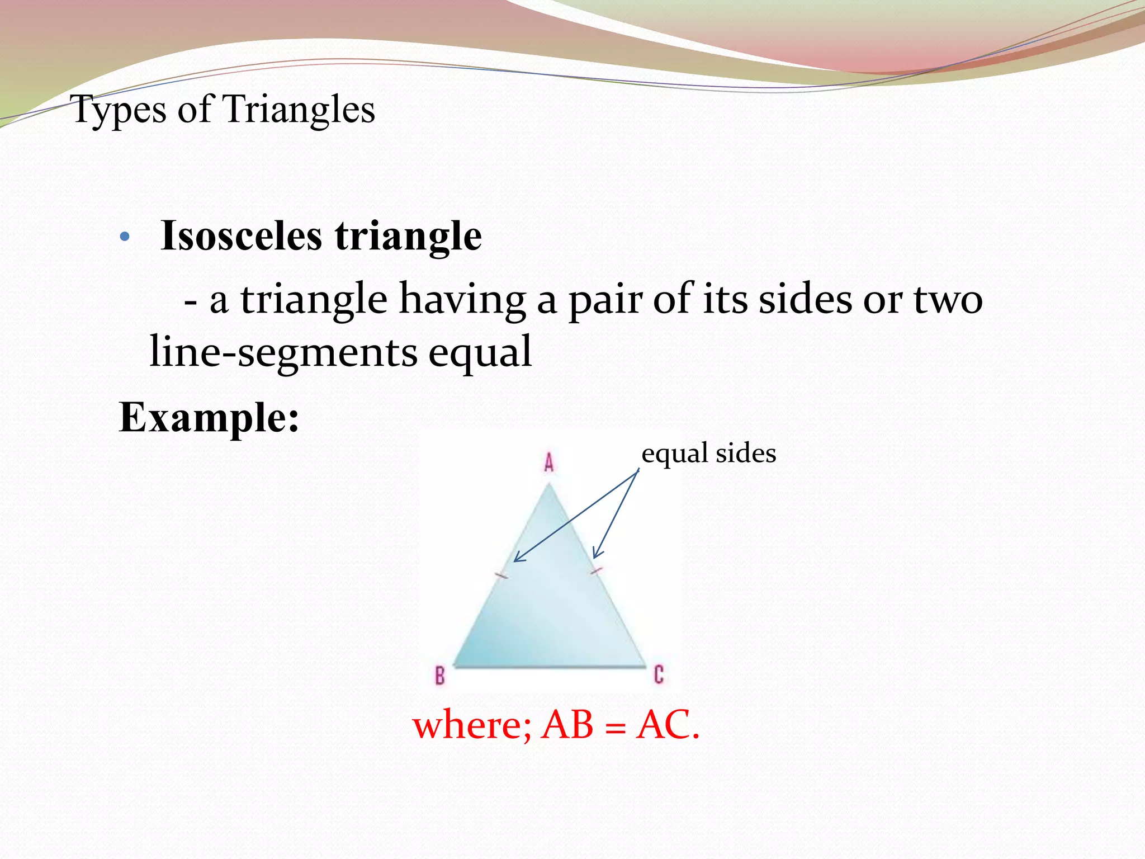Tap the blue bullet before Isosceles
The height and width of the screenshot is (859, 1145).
pyautogui.click(x=125, y=237)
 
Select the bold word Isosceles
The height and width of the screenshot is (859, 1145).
pyautogui.click(x=241, y=236)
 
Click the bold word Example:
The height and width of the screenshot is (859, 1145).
pyautogui.click(x=209, y=417)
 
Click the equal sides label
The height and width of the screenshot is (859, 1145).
pyautogui.click(x=708, y=453)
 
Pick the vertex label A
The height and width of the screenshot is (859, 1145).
pyautogui.click(x=549, y=462)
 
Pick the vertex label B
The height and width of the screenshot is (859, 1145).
pyautogui.click(x=440, y=676)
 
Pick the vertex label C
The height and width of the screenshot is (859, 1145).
pyautogui.click(x=659, y=674)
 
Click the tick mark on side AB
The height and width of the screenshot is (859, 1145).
pyautogui.click(x=501, y=575)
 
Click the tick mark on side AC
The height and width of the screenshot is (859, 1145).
pyautogui.click(x=597, y=571)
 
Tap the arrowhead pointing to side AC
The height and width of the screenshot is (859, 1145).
pyautogui.click(x=596, y=554)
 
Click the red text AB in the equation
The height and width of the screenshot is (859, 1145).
pyautogui.click(x=567, y=725)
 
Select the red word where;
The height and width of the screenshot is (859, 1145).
pyautogui.click(x=472, y=725)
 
